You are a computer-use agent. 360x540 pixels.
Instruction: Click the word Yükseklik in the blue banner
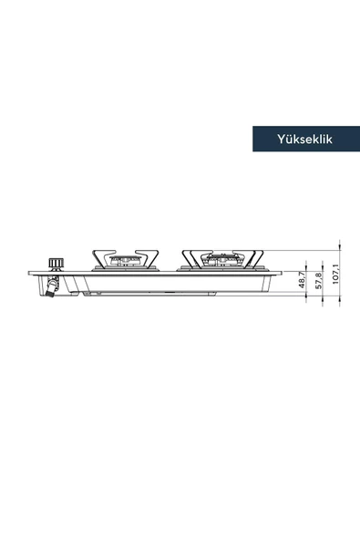pos(305,139)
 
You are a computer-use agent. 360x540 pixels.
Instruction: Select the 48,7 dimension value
pos(302,280)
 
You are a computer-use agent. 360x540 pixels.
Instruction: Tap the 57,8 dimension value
pos(318,281)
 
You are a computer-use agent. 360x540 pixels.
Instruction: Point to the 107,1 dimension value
pos(335,275)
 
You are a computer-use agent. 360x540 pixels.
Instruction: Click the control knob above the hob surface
pos(56,265)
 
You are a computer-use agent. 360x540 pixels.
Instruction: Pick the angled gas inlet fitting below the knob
pos(53,286)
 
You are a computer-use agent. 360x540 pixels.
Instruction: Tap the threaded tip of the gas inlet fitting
pos(49,294)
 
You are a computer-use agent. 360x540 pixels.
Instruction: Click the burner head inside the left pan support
pos(125,260)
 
